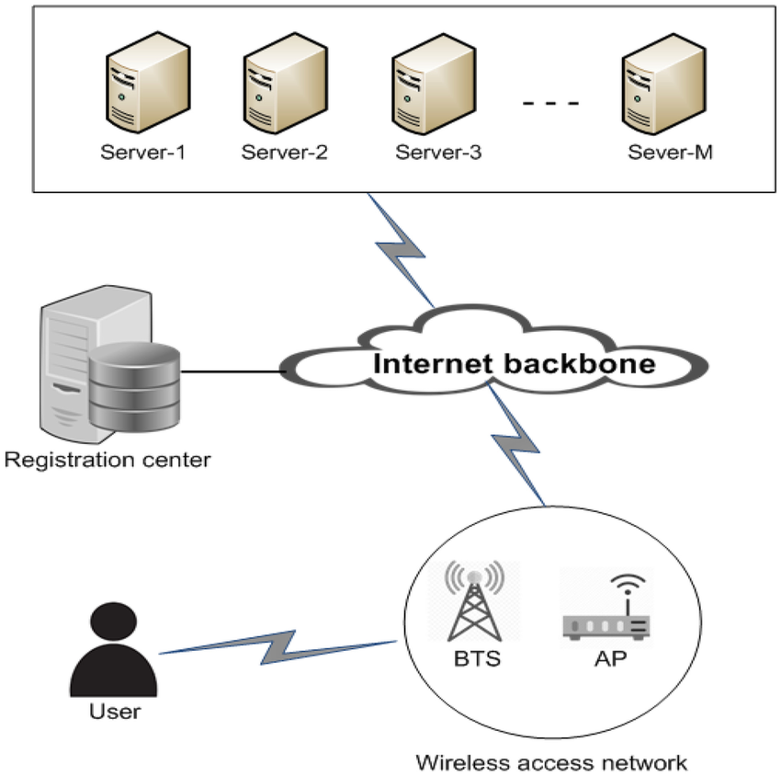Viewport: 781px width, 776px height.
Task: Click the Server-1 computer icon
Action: pos(148,82)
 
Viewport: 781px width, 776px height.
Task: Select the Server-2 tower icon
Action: pos(286,84)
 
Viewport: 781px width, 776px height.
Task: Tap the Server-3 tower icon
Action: pos(434,84)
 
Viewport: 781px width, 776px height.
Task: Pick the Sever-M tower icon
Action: pos(664,84)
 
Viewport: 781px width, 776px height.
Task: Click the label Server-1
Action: pos(143,152)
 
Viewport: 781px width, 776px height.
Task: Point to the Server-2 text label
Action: pos(285,152)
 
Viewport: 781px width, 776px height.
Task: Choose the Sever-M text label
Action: pos(671,152)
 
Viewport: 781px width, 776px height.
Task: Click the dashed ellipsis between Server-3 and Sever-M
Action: pos(550,103)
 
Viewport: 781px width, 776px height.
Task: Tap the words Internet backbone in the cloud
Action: pos(514,363)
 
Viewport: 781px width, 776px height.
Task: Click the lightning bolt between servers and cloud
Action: pos(401,250)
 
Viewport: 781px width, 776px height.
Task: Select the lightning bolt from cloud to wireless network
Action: pos(516,443)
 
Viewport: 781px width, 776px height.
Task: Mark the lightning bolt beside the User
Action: pos(277,647)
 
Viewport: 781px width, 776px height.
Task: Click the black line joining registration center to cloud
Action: pos(232,371)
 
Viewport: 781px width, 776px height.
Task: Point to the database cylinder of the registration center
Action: pos(134,386)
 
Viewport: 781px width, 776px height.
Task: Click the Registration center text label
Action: pos(108,460)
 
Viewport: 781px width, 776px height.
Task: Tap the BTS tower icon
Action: pos(474,600)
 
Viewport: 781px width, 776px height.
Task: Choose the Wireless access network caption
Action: pos(552,762)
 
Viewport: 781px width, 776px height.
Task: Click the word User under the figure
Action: pos(115,712)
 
